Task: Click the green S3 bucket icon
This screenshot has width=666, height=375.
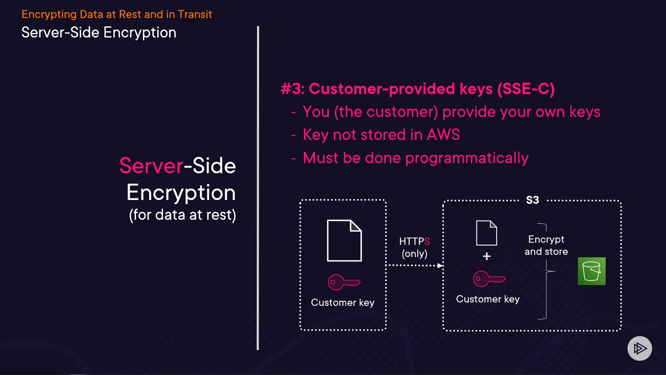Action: [x=591, y=271]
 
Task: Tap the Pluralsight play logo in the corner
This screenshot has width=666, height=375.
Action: [x=640, y=348]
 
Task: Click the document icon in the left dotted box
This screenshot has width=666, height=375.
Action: [x=344, y=240]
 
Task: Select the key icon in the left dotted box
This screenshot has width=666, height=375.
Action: [x=344, y=282]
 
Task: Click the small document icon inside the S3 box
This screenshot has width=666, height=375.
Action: [x=486, y=233]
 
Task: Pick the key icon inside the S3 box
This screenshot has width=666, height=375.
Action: [x=489, y=279]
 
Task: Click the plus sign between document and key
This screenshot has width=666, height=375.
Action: [x=487, y=256]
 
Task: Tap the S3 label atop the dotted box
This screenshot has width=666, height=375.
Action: [x=532, y=200]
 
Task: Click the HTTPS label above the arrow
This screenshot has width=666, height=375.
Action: [x=415, y=241]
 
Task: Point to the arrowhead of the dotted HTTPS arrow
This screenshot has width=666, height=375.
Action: [x=440, y=266]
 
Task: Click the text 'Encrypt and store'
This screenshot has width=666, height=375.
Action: [x=546, y=245]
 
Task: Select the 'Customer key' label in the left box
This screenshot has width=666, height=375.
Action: [x=343, y=302]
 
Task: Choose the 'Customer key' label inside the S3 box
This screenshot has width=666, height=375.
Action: [x=488, y=299]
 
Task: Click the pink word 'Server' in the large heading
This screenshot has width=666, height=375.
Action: [x=151, y=166]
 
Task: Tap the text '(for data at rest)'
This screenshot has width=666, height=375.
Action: [x=182, y=215]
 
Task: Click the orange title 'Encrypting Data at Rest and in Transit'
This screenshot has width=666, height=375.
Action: [x=117, y=14]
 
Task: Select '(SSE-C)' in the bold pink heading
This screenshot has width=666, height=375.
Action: [x=526, y=89]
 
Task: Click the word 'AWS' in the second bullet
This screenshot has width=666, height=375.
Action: [x=443, y=135]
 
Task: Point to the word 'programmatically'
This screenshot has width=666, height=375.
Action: [x=467, y=158]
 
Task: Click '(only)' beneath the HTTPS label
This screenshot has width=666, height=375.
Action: [x=415, y=253]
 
